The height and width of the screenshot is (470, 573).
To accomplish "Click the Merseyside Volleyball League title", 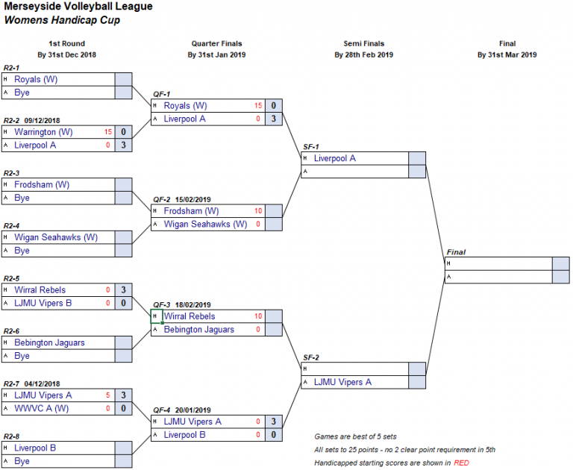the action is tap(78, 6).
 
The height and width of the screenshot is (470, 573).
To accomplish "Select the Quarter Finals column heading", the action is tap(216, 43).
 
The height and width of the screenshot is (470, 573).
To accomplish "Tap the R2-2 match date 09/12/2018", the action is tap(42, 121).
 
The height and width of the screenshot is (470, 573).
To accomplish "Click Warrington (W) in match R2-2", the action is tap(43, 132).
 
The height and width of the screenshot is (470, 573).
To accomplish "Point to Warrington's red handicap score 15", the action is tap(107, 132).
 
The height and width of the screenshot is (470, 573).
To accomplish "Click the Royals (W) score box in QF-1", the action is tap(274, 106).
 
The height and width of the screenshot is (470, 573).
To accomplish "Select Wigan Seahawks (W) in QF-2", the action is tap(205, 224).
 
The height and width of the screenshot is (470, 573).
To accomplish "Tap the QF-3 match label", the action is tap(161, 305).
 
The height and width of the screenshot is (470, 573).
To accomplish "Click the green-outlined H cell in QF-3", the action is tap(157, 316).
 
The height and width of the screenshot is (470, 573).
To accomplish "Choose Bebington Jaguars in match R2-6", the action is tap(49, 342).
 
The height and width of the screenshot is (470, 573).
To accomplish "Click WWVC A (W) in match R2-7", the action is tap(41, 408).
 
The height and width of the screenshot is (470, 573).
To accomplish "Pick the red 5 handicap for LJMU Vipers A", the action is tap(107, 395).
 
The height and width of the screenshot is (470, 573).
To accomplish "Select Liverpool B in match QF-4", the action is tap(184, 434).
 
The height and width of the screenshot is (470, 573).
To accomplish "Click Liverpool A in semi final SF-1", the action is tap(335, 158).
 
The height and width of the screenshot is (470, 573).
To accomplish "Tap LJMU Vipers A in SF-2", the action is tap(342, 382).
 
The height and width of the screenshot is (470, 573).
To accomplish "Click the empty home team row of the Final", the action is tap(498, 263).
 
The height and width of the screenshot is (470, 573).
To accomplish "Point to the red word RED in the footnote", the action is tap(461, 463).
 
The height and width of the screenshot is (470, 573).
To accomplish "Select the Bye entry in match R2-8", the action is tap(22, 461).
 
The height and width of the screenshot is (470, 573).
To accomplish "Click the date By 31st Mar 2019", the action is tap(507, 54).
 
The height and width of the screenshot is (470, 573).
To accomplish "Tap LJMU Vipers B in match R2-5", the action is tap(43, 303).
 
